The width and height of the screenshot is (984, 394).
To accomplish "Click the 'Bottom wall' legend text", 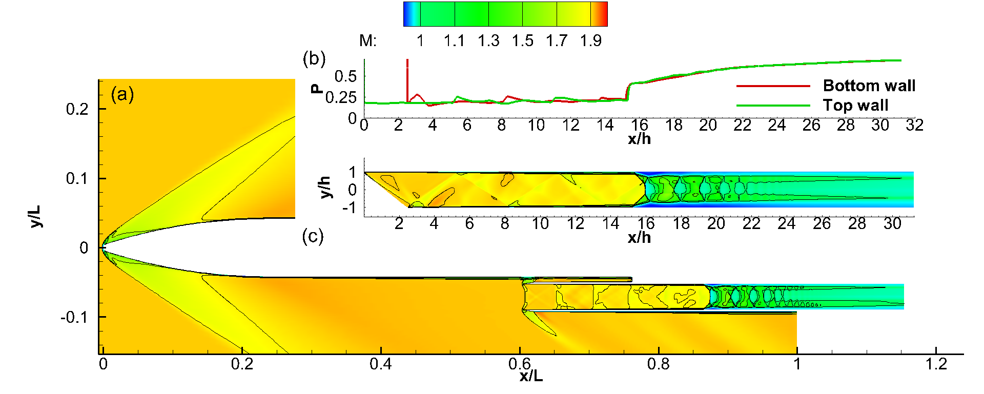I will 869,86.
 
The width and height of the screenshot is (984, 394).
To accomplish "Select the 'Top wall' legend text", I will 855,106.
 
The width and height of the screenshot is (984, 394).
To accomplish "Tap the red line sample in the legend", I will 773,86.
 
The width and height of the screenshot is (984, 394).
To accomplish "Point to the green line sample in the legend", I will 773,106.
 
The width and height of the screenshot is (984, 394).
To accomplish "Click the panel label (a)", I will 122,94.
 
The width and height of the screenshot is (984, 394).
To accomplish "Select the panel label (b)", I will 314,58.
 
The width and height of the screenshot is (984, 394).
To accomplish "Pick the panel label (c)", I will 313,236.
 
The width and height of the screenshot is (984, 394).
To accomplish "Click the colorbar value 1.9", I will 590,41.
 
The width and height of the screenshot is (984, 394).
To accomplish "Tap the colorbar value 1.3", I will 488,41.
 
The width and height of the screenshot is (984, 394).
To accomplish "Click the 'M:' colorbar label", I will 367,41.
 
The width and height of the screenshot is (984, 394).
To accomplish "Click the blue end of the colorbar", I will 407,14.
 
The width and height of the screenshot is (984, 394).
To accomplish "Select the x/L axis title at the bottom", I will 531,376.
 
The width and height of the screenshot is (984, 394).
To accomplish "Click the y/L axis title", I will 35,217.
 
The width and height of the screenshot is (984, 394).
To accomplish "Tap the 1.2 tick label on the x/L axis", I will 936,364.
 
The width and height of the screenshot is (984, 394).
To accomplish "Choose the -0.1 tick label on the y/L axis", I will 75,318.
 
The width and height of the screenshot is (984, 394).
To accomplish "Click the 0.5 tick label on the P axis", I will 345,77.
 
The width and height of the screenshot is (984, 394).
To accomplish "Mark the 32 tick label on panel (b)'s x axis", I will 914,126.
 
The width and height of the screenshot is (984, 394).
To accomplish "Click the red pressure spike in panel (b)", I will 407,77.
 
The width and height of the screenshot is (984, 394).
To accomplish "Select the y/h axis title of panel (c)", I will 325,188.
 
